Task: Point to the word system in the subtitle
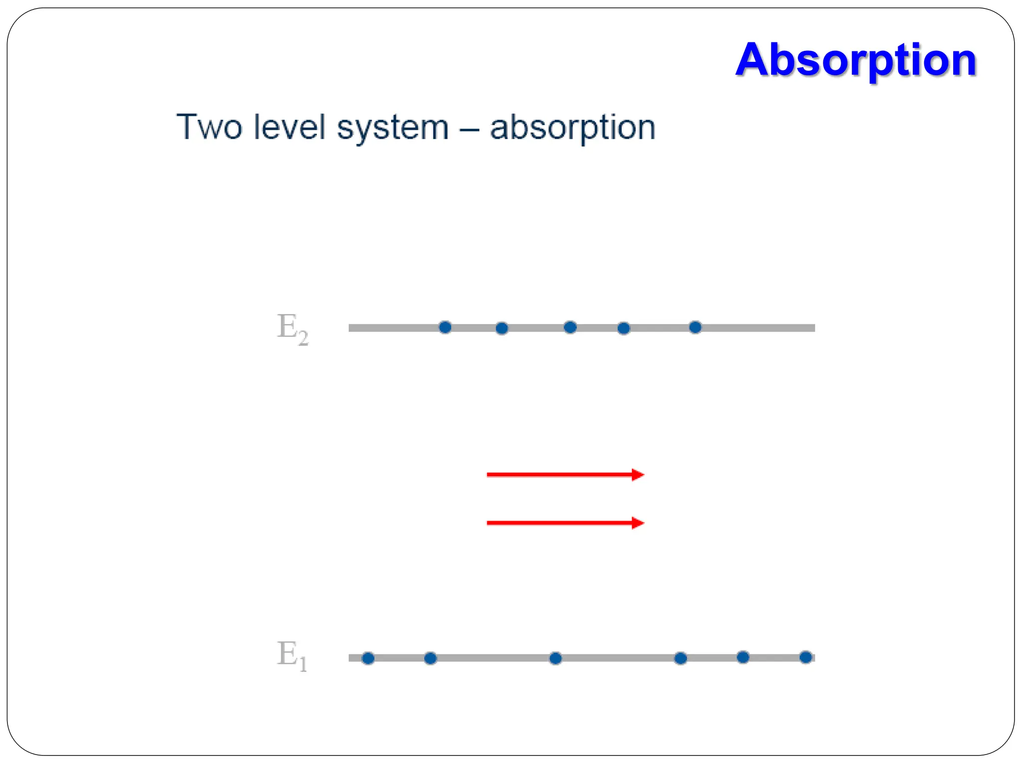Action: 393,128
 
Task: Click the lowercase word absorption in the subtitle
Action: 572,128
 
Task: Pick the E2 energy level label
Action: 292,329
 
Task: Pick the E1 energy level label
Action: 292,655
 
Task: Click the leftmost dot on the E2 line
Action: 445,327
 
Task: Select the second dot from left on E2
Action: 502,328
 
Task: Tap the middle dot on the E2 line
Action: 570,327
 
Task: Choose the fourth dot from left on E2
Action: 624,328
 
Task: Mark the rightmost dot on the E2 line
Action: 695,327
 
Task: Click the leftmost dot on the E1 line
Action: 368,658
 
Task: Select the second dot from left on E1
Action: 430,658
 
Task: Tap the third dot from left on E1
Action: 555,658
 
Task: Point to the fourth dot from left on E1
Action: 681,658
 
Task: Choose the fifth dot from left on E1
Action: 743,657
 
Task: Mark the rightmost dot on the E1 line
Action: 805,657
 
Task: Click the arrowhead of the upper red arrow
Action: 638,475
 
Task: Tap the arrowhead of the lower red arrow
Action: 638,523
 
